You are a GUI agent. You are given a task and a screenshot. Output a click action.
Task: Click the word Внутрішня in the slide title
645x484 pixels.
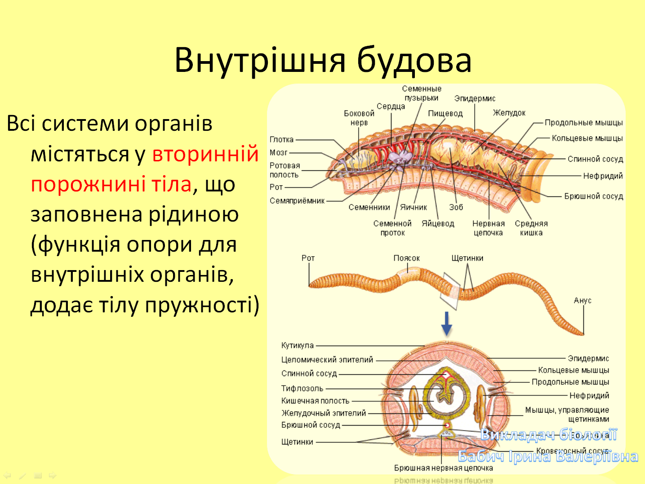[x=260, y=60]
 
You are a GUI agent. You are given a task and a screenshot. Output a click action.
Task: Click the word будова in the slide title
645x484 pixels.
[x=414, y=60]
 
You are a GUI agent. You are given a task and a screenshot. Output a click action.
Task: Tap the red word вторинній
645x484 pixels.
[x=205, y=154]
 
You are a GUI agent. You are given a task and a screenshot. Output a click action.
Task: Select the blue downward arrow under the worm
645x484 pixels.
[x=446, y=324]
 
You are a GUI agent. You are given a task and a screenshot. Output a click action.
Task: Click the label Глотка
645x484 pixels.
[x=281, y=140]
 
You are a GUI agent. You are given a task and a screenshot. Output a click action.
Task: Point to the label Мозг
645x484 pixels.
[x=278, y=153]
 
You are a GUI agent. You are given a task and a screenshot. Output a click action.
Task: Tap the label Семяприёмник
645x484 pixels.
[x=297, y=201]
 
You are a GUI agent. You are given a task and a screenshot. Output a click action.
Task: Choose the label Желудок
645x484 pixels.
[x=509, y=113]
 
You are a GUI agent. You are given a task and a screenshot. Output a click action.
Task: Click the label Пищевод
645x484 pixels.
[x=445, y=113]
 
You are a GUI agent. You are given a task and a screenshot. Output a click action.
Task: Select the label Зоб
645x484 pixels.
[x=456, y=207]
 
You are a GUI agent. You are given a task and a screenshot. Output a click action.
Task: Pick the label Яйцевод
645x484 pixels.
[x=438, y=223]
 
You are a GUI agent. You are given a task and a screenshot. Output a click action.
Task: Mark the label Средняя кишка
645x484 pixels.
[x=531, y=228]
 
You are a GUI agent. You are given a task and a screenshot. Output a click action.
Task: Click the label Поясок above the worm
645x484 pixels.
[x=406, y=258]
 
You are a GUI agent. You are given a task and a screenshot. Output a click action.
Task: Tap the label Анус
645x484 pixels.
[x=583, y=300]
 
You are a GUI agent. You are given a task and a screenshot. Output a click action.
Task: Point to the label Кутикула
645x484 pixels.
[x=297, y=345]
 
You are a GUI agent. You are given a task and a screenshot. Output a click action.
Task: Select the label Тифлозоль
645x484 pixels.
[x=302, y=388]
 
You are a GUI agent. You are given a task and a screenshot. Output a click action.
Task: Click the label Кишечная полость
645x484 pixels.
[x=315, y=400]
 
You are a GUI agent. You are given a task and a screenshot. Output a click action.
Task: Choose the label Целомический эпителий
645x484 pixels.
[x=327, y=360]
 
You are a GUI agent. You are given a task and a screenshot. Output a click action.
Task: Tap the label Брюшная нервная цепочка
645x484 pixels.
[x=443, y=468]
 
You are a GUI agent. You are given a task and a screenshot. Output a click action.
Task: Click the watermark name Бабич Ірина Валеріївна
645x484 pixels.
[x=547, y=457]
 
